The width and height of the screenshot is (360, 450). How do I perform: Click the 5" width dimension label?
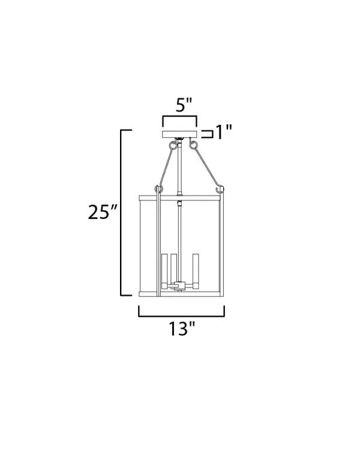click(184, 105)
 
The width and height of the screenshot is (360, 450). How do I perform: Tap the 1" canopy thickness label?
click(223, 133)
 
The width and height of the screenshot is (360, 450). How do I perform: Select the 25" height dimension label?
click(103, 212)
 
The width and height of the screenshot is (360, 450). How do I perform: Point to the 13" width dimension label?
click(181, 329)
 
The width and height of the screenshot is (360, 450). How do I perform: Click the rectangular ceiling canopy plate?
click(180, 134)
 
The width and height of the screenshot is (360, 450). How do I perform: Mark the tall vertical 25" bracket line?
click(121, 212)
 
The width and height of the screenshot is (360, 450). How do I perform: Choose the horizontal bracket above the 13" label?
click(181, 316)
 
